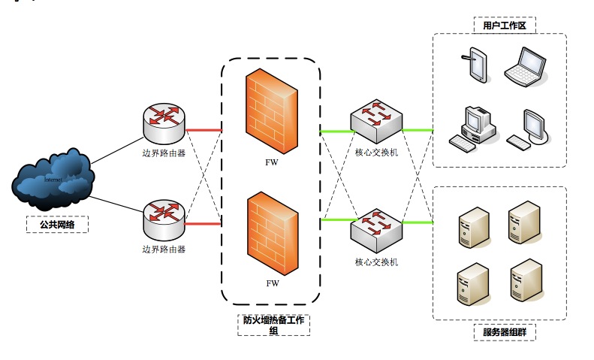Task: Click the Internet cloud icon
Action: coord(53,178)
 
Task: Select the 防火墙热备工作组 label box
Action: coord(274,324)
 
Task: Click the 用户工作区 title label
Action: coord(499,26)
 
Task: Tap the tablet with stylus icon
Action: coord(475,64)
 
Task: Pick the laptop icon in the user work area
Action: coord(524,65)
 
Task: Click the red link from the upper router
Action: coord(203,131)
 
